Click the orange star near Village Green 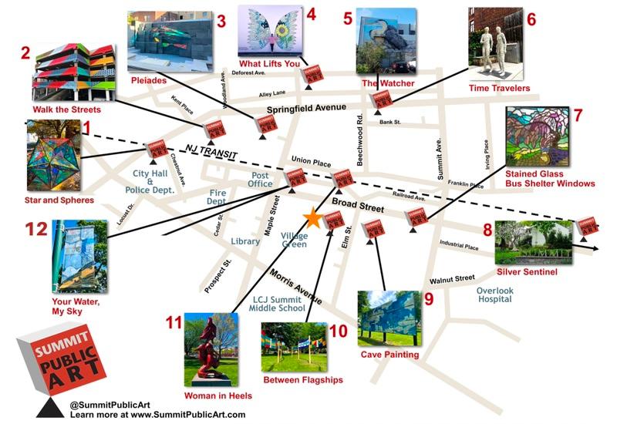(312, 218)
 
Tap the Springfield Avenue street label (315, 110)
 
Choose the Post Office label (261, 179)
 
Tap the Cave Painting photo (389, 318)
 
